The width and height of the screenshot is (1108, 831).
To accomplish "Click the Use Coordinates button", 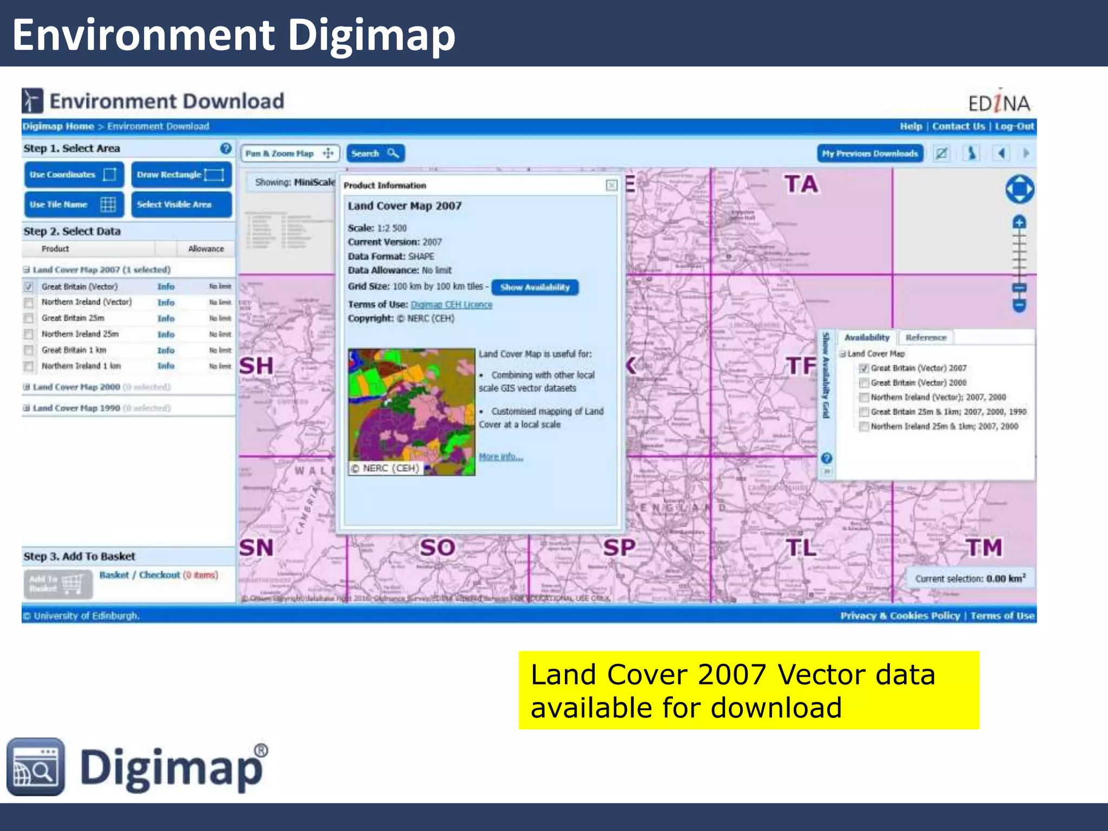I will pos(74,175).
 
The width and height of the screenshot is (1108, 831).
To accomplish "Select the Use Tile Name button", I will pos(74,205).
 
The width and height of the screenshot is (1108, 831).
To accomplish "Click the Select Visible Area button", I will pos(181,205).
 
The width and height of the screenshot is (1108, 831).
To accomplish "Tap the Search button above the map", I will pos(375,154).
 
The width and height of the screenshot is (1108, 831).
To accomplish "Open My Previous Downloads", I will pos(869,154).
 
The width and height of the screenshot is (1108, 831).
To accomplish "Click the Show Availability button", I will pos(535,287).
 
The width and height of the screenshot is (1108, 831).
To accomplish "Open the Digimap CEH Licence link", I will pos(451,305).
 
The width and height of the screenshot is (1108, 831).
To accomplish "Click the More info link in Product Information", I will pos(500,457).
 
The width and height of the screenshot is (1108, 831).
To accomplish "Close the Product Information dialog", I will pos(611,186).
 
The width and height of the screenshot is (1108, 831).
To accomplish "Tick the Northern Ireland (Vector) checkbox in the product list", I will pos(29,303).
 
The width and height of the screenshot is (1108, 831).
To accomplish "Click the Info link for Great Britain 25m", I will pos(166,319).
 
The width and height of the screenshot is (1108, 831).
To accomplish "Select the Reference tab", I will pos(926,338).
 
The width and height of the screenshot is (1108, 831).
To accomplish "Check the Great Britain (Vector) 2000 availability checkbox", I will pos(864,383).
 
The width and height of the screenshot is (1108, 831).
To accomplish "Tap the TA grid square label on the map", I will pos(801,184).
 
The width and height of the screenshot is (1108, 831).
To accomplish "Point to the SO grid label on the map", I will pos(437,548).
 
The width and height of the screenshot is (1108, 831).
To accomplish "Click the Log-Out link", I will pos(1014,127).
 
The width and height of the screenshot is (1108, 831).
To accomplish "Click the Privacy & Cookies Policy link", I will pos(900,616).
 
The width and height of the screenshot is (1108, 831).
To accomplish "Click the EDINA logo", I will pos(999,102).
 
